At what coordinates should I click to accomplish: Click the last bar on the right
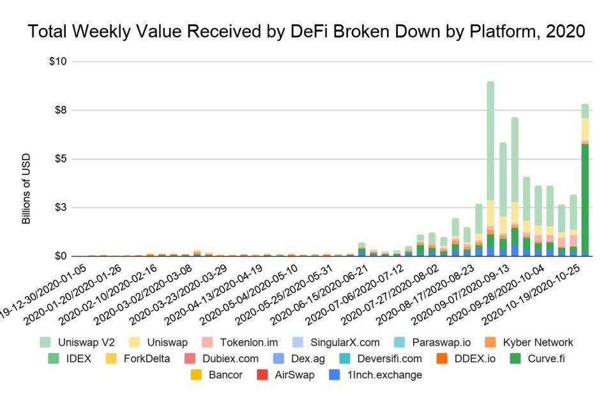[x=585, y=179]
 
